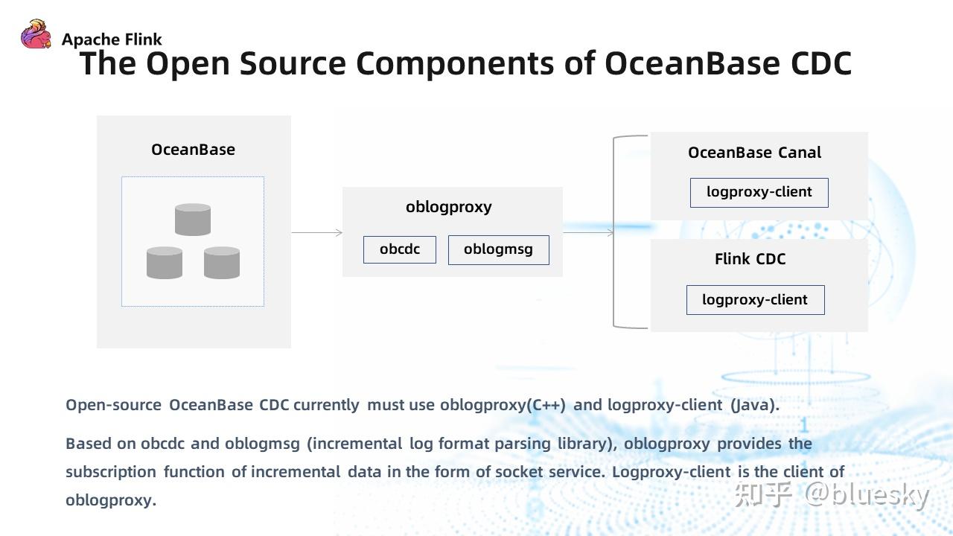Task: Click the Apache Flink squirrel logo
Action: coord(36,34)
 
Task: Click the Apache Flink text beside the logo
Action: coord(112,39)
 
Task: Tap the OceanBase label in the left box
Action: coord(193,150)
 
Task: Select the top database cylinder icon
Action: coord(193,220)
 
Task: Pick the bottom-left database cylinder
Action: coord(165,263)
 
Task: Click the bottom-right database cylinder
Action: coord(222,263)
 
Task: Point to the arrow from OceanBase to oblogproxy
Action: coord(316,233)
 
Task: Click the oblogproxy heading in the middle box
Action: coord(448,207)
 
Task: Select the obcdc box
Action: coord(400,249)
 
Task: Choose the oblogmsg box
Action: coord(498,249)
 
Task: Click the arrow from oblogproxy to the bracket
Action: coord(588,233)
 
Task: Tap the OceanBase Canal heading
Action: coord(754,153)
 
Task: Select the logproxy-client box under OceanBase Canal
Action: coord(759,192)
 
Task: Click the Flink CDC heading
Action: coord(750,259)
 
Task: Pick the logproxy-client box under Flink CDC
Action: coord(755,300)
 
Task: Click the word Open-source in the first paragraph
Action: coord(113,405)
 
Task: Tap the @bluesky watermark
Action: coord(867,494)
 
